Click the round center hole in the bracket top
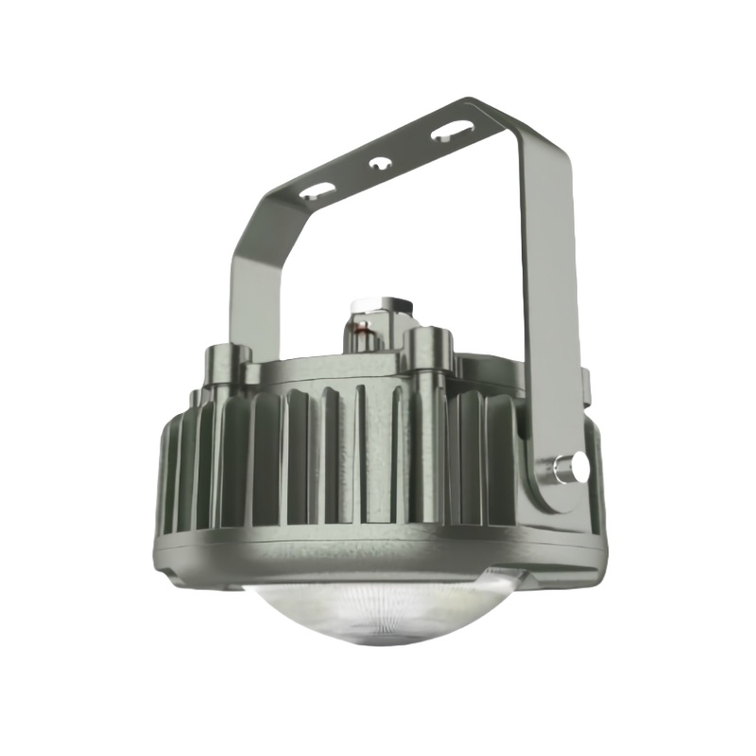[381, 163]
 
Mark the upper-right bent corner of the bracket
[510, 118]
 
